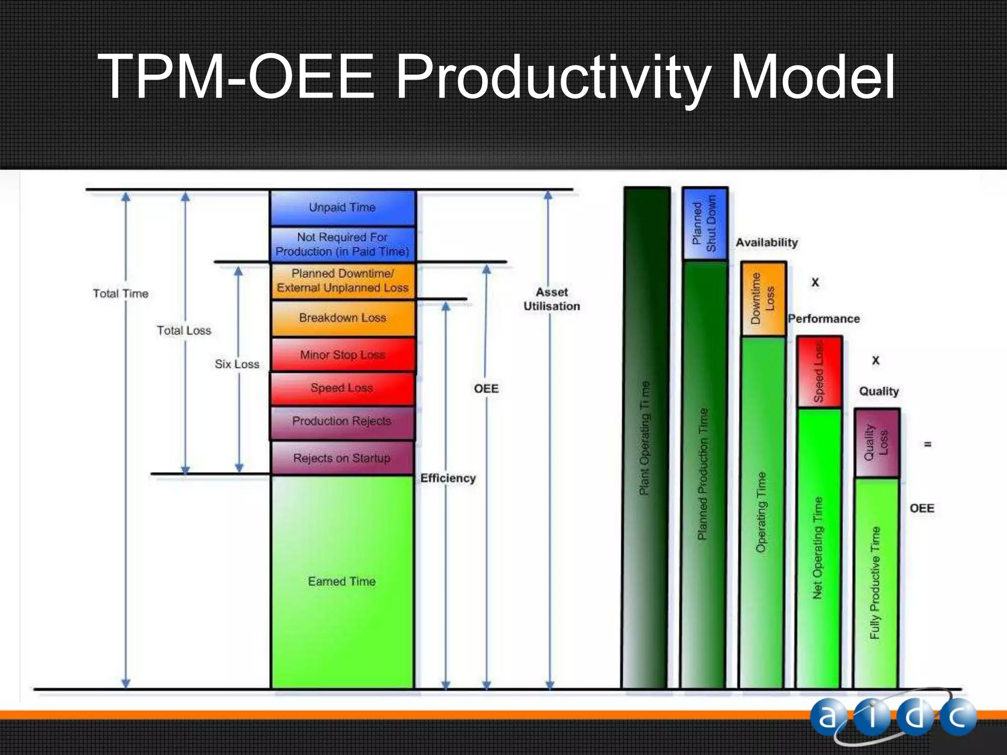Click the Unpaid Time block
(x=342, y=207)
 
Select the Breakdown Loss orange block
(x=342, y=318)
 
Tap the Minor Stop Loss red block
(x=342, y=354)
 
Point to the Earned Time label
(x=342, y=581)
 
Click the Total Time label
(x=120, y=294)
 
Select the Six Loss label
(x=237, y=364)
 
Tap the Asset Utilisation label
(x=552, y=299)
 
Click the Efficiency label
(x=448, y=478)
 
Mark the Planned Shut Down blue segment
(x=705, y=224)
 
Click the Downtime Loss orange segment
(x=763, y=299)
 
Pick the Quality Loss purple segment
(x=877, y=442)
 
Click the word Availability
(x=767, y=243)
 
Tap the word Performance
(x=824, y=319)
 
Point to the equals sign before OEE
(x=928, y=444)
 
